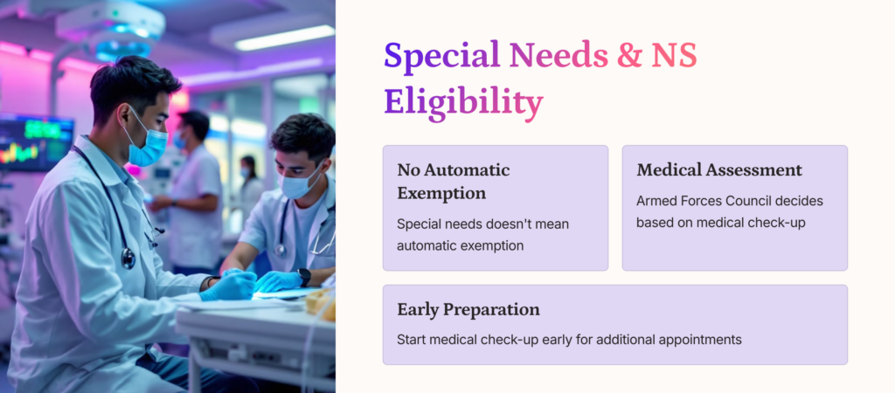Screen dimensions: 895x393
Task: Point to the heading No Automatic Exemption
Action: (x=454, y=182)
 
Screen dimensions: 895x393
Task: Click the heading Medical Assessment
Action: (x=719, y=170)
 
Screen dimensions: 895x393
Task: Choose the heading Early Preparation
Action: (x=468, y=310)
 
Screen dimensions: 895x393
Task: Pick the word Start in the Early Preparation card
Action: (x=411, y=340)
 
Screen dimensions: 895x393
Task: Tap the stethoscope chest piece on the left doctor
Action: (x=128, y=259)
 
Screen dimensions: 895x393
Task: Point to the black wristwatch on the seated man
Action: (x=303, y=277)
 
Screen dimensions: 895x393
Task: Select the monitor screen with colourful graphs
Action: (x=35, y=142)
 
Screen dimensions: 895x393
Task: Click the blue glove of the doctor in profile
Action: (x=228, y=286)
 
